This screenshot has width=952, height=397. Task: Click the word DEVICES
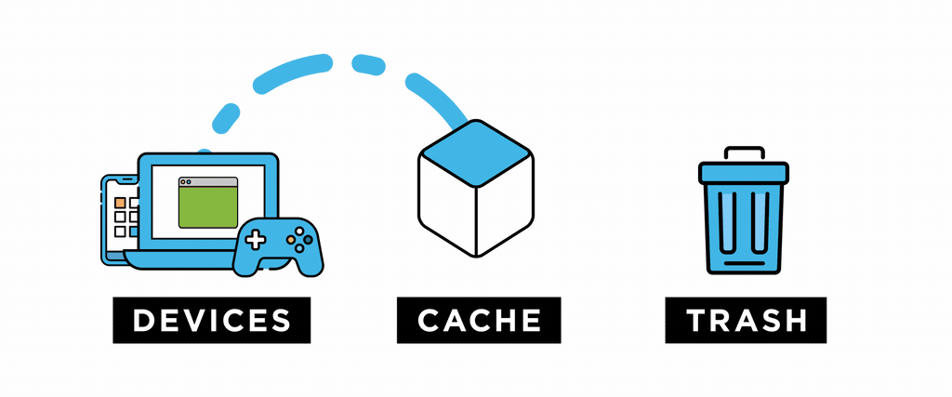coord(211,321)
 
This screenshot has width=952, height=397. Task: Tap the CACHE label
coord(479,321)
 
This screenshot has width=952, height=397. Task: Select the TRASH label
coord(746,321)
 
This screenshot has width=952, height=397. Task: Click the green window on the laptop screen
coord(207,208)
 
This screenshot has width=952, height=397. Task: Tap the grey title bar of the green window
coord(207,182)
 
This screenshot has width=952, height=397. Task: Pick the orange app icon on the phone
coord(120,201)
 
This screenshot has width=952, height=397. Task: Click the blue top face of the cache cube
coord(476,149)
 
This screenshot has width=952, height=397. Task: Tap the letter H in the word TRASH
coord(792,321)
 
